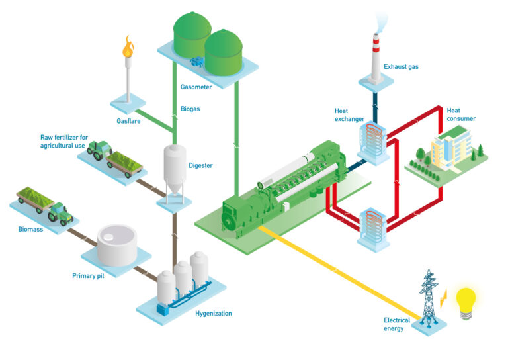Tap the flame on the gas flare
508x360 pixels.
click(x=128, y=48)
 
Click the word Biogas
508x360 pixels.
click(x=190, y=109)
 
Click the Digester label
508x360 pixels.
click(x=200, y=165)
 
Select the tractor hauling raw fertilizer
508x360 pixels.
click(x=99, y=151)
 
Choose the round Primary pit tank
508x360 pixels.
click(x=117, y=242)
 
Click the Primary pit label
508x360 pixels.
click(x=88, y=275)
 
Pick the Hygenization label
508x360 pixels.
click(x=214, y=313)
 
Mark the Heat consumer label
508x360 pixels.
click(x=461, y=114)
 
